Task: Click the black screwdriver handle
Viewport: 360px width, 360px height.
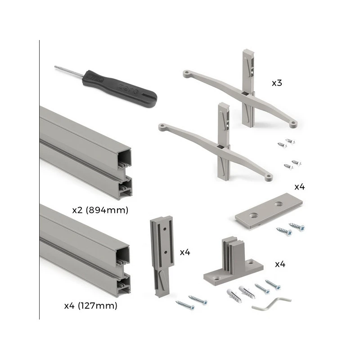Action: [x=119, y=88]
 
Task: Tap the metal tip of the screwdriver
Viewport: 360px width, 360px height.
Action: [x=55, y=67]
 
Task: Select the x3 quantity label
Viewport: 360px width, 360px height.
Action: [x=277, y=83]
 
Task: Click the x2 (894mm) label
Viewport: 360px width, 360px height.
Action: [x=100, y=210]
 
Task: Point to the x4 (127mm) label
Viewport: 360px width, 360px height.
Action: [x=91, y=306]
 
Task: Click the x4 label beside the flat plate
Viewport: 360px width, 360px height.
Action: [x=300, y=187]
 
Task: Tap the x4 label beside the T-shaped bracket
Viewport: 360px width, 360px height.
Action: [x=280, y=264]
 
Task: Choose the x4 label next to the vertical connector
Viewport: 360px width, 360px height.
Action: [x=185, y=252]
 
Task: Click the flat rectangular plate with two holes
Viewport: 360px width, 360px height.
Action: [x=269, y=210]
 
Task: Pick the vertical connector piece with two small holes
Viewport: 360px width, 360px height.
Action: [x=162, y=256]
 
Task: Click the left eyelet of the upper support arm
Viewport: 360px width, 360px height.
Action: [x=187, y=74]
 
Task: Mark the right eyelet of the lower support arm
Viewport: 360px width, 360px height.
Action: [x=268, y=177]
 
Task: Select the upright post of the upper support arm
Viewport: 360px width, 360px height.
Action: [x=248, y=88]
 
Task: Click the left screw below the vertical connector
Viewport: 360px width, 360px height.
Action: [x=185, y=305]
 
